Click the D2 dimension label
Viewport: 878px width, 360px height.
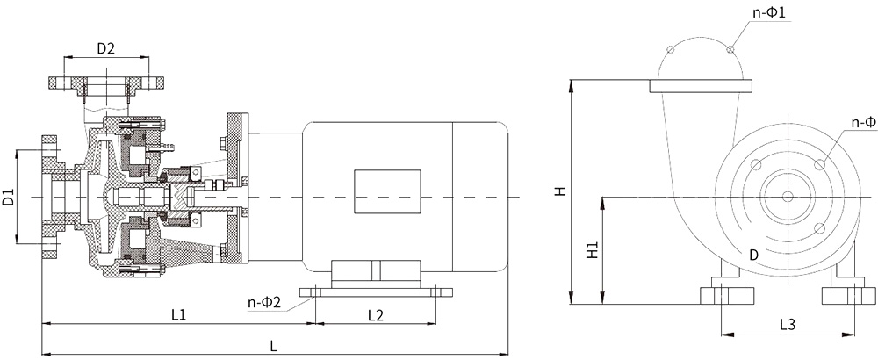pos(106,48)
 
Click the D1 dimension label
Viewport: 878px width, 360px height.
pos(9,197)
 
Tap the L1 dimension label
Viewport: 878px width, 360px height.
pos(178,315)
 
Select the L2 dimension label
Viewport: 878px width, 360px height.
pos(376,315)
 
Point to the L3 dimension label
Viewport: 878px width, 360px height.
pos(788,324)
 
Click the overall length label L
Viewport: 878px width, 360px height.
pos(273,346)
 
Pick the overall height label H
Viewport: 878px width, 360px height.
pos(561,191)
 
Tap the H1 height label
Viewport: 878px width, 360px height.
pos(593,250)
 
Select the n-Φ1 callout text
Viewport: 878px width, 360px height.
pos(772,12)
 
